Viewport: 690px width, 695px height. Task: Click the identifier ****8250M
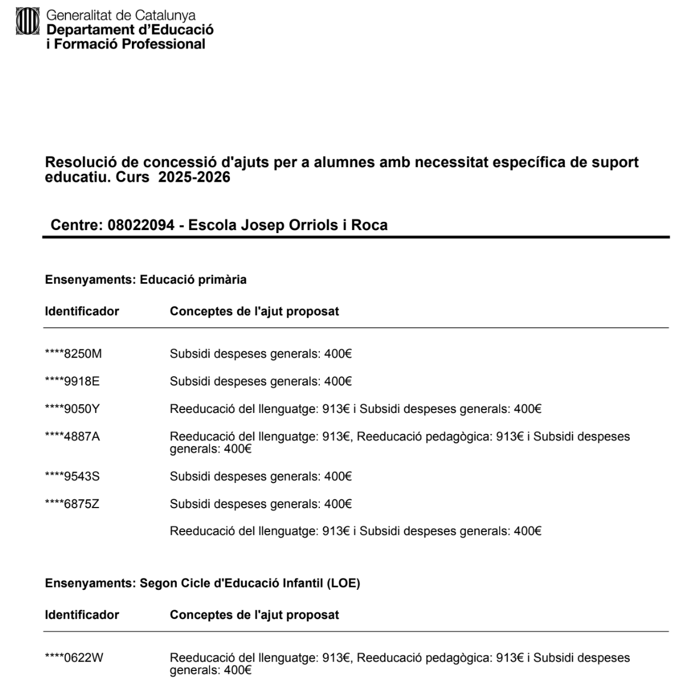click(x=73, y=354)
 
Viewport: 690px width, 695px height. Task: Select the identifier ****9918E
click(x=72, y=381)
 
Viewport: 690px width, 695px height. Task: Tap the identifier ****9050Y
click(x=72, y=409)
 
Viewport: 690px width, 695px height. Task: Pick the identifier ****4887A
click(x=72, y=436)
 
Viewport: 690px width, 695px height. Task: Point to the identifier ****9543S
click(x=72, y=477)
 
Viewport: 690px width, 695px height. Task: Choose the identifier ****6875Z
click(x=72, y=504)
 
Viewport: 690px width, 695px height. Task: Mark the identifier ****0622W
click(x=74, y=658)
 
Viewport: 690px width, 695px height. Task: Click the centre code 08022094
click(x=141, y=225)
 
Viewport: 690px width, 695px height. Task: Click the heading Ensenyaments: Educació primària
click(x=146, y=280)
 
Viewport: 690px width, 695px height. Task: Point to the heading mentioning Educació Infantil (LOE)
click(x=203, y=583)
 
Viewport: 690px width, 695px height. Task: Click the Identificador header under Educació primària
click(x=82, y=311)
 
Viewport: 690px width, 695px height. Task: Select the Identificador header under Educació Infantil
click(x=82, y=614)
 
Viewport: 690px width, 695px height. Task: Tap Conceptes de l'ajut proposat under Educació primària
click(x=255, y=311)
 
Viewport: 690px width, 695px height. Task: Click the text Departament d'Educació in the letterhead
click(x=130, y=30)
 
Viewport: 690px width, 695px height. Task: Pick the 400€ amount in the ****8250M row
click(x=338, y=354)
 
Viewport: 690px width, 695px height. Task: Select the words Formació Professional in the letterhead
click(x=130, y=44)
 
